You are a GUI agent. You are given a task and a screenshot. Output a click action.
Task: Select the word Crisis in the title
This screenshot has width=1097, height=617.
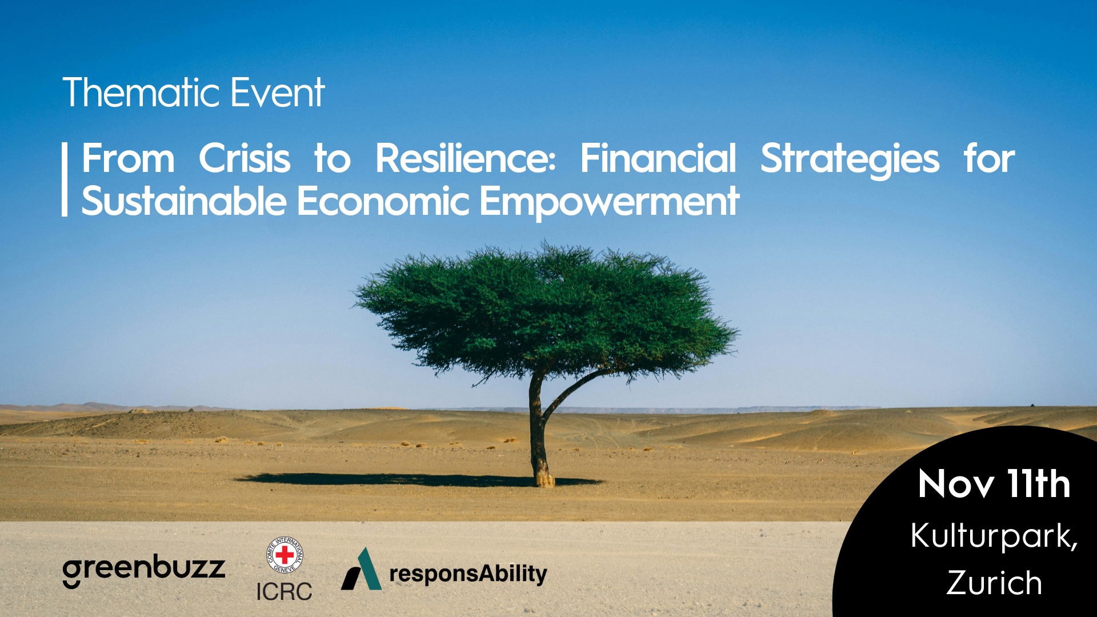[x=245, y=158]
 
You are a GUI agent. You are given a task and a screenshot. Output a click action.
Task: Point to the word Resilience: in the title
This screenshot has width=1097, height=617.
[x=465, y=158]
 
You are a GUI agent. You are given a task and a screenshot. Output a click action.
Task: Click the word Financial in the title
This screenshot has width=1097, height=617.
[x=658, y=158]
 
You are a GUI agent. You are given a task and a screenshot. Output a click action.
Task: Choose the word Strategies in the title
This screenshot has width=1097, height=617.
[x=850, y=159]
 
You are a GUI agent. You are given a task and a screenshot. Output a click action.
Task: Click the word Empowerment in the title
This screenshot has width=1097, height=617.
[x=610, y=203]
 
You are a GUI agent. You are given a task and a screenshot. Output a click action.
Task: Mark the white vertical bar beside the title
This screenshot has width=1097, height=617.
[x=65, y=179]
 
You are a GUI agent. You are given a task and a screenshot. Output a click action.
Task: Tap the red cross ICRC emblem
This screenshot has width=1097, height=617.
[x=285, y=555]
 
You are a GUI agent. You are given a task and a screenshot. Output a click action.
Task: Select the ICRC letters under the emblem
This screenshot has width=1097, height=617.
[x=284, y=591]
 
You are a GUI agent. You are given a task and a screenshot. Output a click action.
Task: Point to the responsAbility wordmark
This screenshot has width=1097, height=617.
[x=468, y=574]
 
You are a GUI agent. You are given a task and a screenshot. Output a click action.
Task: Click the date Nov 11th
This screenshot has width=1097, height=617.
[x=994, y=484]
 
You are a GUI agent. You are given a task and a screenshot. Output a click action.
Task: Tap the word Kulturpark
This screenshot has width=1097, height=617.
[x=994, y=537]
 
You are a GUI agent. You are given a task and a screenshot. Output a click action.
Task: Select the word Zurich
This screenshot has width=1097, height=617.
[x=994, y=583]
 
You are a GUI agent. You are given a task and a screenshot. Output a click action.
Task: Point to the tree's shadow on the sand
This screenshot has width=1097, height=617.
[x=400, y=479]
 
